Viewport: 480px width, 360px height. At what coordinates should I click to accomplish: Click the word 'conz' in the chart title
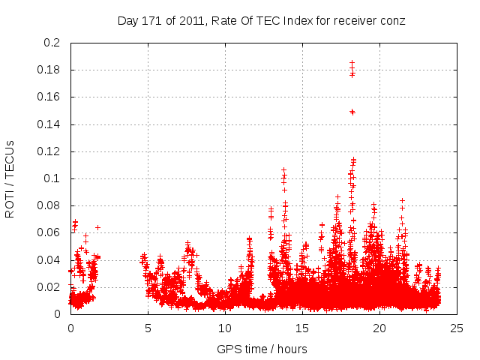pyautogui.click(x=392, y=21)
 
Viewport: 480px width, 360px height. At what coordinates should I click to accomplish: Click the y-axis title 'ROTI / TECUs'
pyautogui.click(x=10, y=178)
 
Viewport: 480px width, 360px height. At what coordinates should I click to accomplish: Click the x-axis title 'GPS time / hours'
pyautogui.click(x=262, y=349)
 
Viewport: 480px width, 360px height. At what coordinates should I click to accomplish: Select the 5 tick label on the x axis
pyautogui.click(x=148, y=328)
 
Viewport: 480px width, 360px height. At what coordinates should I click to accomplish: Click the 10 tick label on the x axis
pyautogui.click(x=225, y=328)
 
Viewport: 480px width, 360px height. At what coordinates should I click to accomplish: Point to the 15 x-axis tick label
pyautogui.click(x=302, y=328)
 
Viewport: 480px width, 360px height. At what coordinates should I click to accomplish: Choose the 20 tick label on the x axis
pyautogui.click(x=379, y=328)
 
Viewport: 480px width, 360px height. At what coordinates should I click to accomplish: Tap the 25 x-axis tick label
pyautogui.click(x=457, y=328)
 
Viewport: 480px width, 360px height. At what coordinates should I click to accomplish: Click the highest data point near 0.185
pyautogui.click(x=351, y=63)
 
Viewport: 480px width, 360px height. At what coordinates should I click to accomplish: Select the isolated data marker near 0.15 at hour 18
pyautogui.click(x=352, y=112)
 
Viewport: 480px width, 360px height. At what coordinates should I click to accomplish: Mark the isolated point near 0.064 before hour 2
pyautogui.click(x=97, y=227)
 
